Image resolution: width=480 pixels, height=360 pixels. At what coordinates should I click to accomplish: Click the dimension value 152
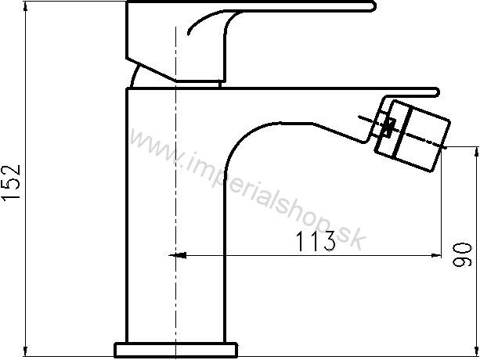[x=12, y=182]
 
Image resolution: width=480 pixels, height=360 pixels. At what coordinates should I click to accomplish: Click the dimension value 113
[x=316, y=241]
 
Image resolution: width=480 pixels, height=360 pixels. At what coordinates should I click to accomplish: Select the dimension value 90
[x=462, y=254]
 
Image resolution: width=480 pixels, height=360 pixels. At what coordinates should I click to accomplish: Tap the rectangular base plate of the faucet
[x=176, y=350]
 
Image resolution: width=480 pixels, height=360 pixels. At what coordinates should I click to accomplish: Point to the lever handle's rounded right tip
[x=374, y=6]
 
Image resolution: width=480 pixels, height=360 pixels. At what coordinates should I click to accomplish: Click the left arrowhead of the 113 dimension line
[x=179, y=255]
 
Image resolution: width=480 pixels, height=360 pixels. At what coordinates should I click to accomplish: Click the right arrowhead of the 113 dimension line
[x=436, y=255]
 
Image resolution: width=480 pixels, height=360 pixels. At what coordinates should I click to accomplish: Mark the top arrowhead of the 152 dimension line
[x=26, y=7]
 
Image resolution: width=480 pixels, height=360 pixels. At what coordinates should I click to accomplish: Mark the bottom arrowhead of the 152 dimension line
[x=26, y=351]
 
